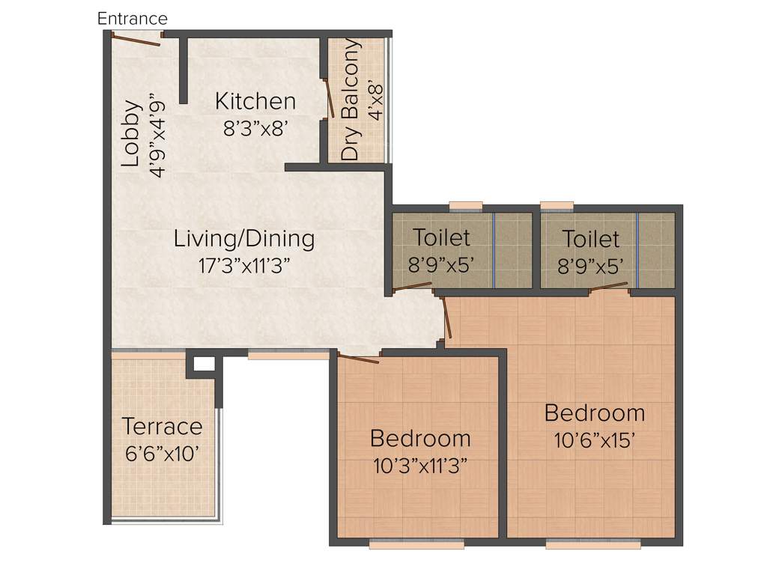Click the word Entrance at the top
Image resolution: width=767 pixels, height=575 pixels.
pyautogui.click(x=133, y=18)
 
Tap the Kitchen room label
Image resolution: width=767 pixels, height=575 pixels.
pyautogui.click(x=255, y=100)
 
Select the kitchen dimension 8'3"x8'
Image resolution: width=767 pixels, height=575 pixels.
pyautogui.click(x=255, y=128)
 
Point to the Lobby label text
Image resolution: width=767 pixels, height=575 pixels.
pyautogui.click(x=132, y=133)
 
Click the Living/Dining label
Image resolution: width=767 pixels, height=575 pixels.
pyautogui.click(x=244, y=239)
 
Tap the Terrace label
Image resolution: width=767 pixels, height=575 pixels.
pyautogui.click(x=162, y=427)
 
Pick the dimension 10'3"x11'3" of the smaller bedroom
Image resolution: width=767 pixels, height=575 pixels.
pyautogui.click(x=420, y=465)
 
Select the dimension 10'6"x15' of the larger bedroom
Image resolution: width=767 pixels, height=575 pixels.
pyautogui.click(x=595, y=440)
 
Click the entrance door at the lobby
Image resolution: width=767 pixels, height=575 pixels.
pyautogui.click(x=136, y=39)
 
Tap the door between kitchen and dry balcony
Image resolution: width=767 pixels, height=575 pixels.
pyautogui.click(x=328, y=97)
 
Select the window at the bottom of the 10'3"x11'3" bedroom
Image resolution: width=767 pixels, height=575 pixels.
pyautogui.click(x=416, y=544)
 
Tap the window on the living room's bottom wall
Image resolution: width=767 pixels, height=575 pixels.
pyautogui.click(x=288, y=355)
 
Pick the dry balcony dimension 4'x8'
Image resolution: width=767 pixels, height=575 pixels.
pyautogui.click(x=376, y=100)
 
